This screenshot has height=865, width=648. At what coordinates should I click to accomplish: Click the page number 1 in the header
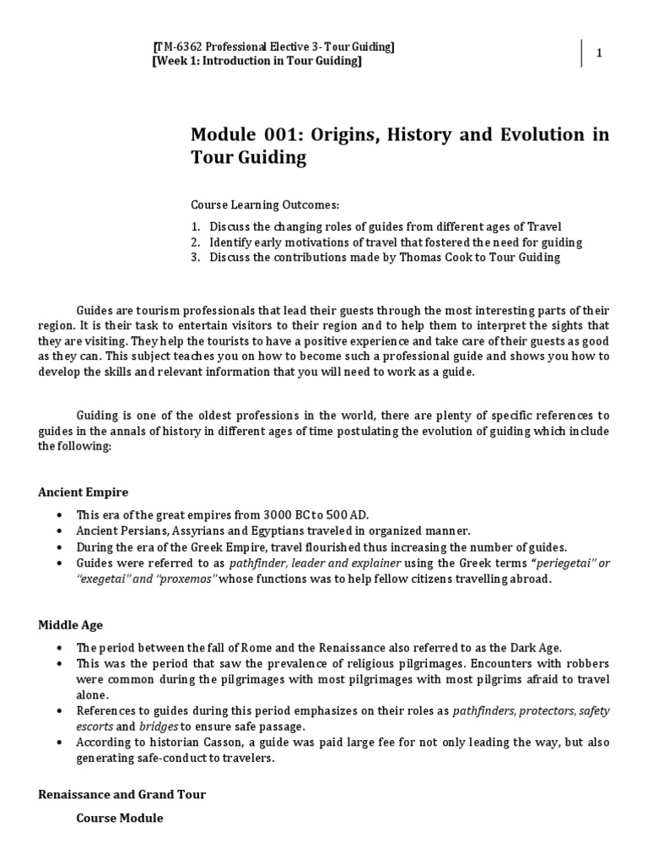598,53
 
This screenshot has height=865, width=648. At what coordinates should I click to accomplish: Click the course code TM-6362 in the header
178,47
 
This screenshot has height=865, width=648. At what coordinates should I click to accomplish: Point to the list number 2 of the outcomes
194,242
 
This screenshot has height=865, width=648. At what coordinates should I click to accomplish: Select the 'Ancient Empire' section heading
83,492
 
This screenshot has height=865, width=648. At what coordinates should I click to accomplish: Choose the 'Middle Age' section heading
70,625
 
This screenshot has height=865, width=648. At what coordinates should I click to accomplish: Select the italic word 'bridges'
159,726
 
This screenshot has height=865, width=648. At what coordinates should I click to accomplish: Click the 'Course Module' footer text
119,818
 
